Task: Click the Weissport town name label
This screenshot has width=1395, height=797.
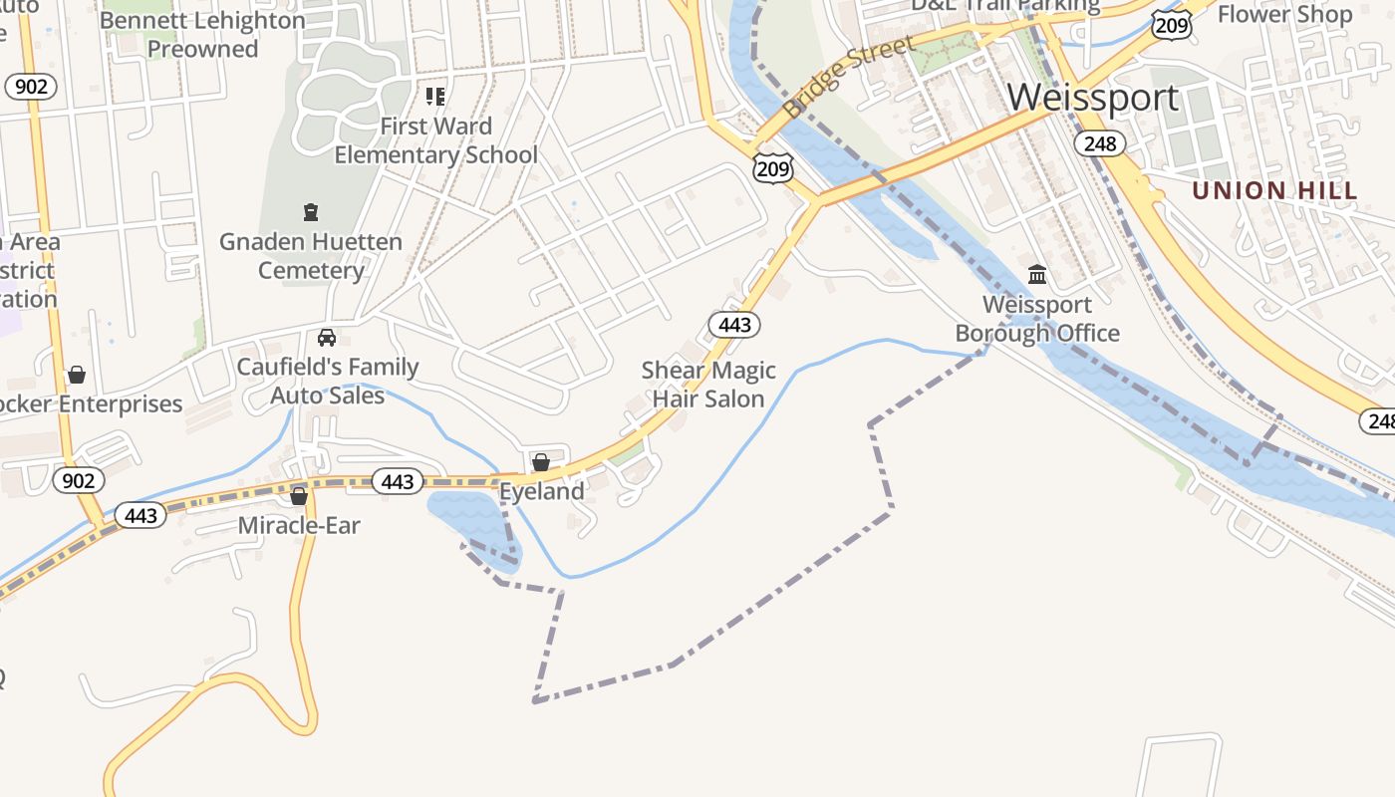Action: tap(1093, 98)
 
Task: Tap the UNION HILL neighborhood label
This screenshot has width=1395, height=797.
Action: tap(1274, 190)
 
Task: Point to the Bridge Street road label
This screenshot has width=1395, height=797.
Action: tap(848, 77)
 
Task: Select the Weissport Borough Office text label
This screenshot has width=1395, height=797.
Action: tap(1037, 319)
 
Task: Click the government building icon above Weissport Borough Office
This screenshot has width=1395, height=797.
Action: tap(1037, 274)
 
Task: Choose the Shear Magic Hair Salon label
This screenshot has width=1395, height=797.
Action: tap(708, 385)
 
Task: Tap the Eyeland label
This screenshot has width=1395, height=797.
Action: tap(541, 491)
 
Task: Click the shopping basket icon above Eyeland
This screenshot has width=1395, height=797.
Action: tap(541, 462)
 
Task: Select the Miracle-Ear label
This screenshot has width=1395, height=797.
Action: tap(299, 525)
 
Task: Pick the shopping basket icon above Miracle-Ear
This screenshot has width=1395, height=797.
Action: tap(299, 495)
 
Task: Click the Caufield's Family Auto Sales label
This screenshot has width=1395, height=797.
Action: tap(328, 381)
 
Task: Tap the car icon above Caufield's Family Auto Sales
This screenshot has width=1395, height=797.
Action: tap(327, 338)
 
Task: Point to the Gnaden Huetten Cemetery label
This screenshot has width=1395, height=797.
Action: tap(311, 256)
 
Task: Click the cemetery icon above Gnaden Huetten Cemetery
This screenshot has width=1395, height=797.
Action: tap(311, 212)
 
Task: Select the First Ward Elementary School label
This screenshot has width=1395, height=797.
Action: tap(435, 140)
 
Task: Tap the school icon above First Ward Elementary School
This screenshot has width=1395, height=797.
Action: tap(435, 97)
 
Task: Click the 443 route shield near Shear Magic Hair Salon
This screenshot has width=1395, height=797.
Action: tap(734, 324)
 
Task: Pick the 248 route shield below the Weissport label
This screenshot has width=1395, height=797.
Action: tap(1099, 144)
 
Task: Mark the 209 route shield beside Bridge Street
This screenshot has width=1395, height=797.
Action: tap(773, 167)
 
